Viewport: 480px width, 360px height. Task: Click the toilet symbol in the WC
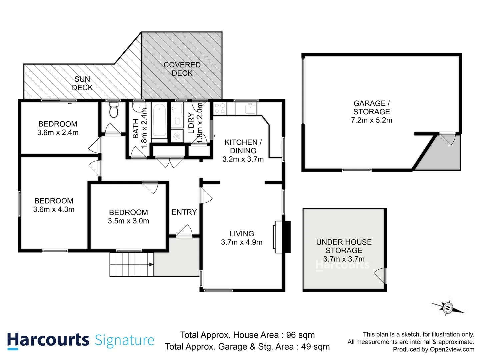pos(114,110)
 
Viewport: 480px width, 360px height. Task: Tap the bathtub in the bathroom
pos(159,121)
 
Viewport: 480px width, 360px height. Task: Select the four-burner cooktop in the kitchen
pos(220,108)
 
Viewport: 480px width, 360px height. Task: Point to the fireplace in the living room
pos(282,237)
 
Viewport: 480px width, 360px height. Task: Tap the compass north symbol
pos(448,308)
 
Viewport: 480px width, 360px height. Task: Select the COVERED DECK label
pos(182,69)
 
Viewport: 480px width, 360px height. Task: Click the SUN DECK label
pos(82,83)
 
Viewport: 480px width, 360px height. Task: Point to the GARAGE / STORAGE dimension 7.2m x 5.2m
pos(371,120)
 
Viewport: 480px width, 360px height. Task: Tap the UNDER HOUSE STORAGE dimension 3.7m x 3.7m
pos(344,259)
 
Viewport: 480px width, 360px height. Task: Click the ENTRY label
pos(184,212)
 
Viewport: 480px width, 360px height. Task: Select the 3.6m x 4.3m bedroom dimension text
pos(54,209)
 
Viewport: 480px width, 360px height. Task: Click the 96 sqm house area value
pos(300,335)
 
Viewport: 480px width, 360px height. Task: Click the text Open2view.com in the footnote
pos(452,349)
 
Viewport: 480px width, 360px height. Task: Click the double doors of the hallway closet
pos(170,162)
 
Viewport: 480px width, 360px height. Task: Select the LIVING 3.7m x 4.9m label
pos(242,238)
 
